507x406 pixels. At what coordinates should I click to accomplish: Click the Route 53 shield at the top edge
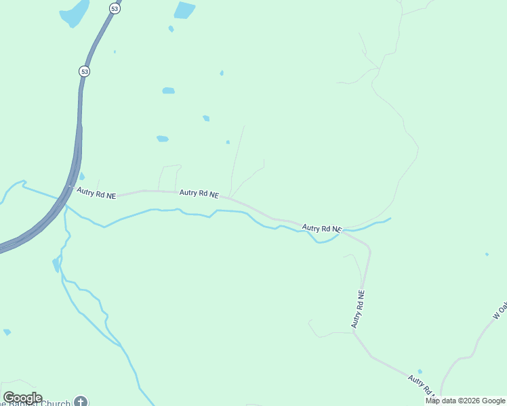tap(114, 8)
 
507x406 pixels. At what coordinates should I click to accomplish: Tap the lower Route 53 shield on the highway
tap(84, 71)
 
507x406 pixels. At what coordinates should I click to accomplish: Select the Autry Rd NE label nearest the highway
tap(96, 194)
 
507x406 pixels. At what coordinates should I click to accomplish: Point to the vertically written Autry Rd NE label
tap(359, 310)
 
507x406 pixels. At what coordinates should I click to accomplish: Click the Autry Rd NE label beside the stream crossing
tap(322, 229)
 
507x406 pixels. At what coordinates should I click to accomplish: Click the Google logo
tap(22, 398)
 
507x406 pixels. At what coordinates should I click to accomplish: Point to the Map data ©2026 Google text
tap(465, 401)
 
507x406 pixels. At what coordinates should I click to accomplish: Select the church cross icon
tap(81, 402)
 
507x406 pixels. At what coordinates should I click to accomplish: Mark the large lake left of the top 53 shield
tap(75, 12)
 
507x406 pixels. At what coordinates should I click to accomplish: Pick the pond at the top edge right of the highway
tap(184, 9)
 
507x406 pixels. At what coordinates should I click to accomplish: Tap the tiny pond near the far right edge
tap(487, 254)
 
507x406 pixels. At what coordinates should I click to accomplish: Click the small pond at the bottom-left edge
tap(7, 332)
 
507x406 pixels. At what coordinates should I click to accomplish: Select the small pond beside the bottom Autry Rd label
tap(420, 371)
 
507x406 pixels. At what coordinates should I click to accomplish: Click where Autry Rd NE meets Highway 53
tap(70, 186)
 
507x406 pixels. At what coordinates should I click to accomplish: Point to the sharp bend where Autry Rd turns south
tap(369, 250)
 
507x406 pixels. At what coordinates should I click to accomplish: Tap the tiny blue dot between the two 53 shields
tap(115, 51)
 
